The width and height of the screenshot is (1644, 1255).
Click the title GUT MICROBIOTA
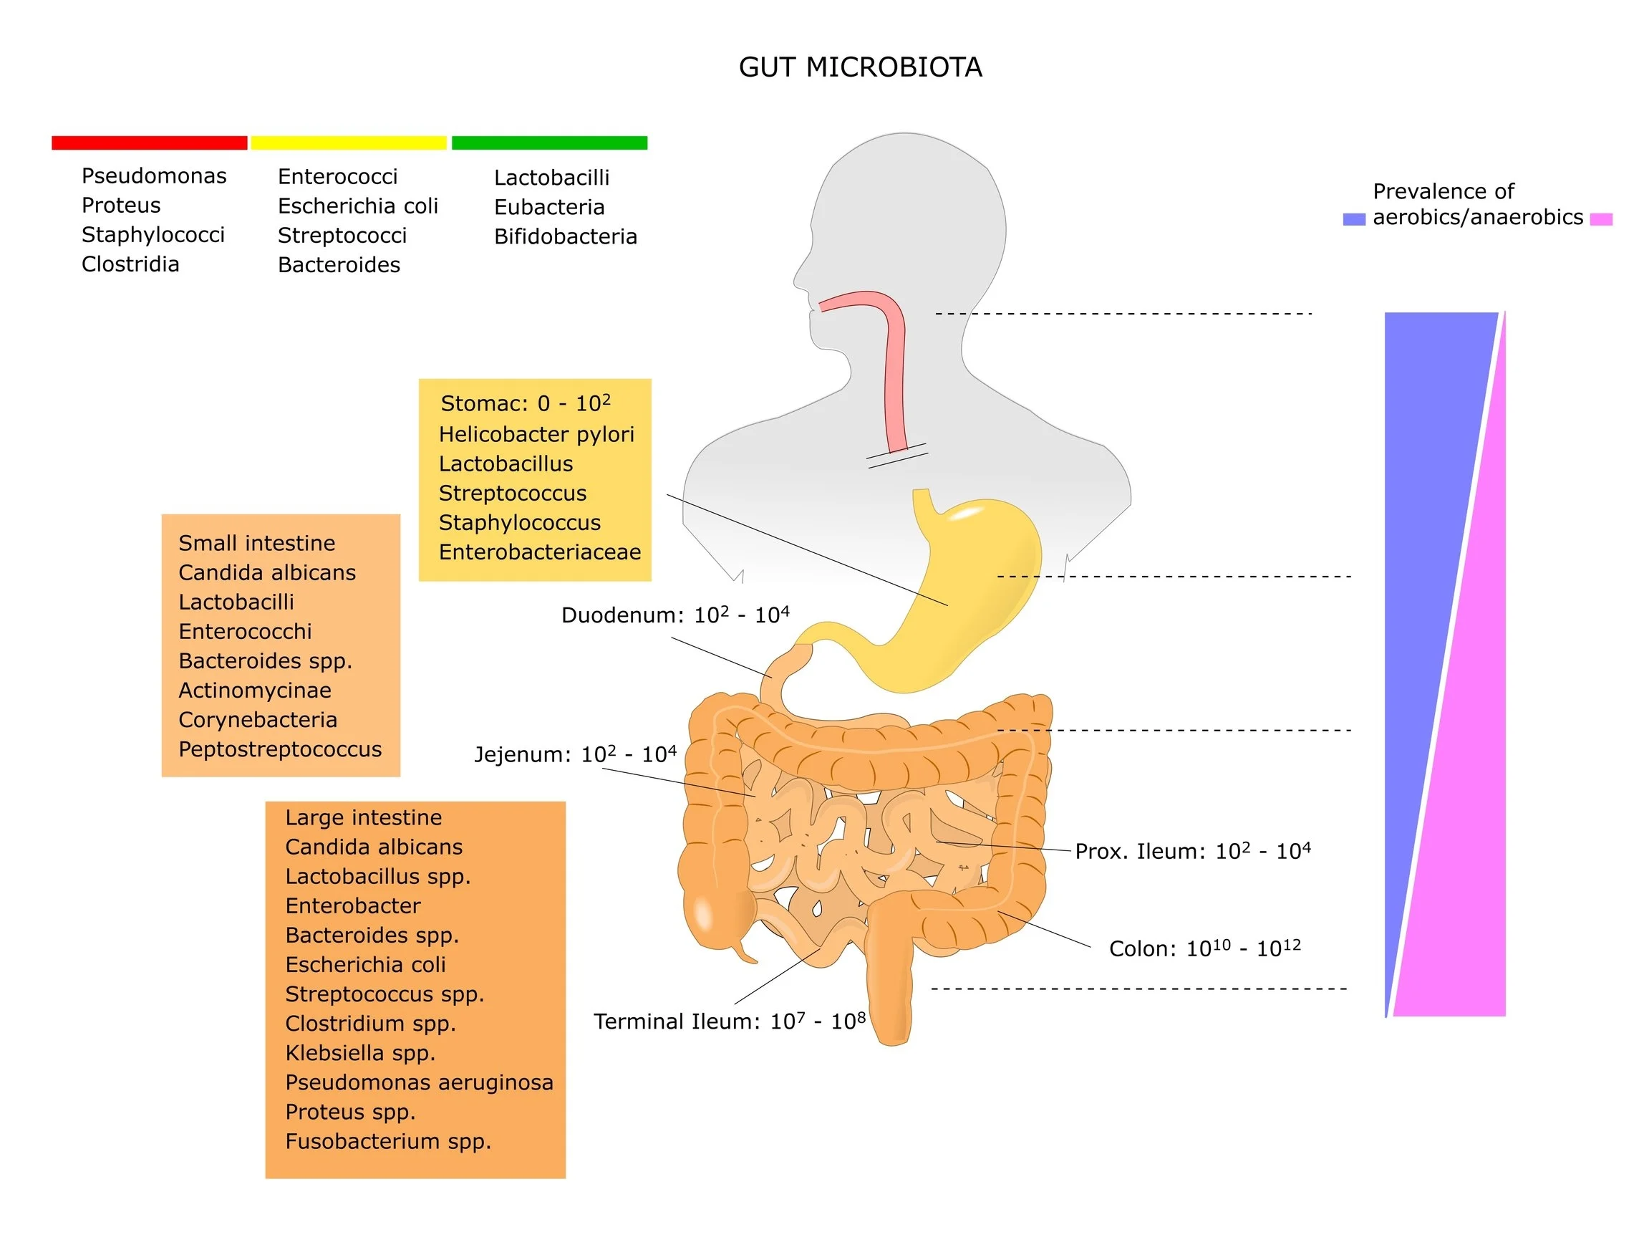click(x=859, y=67)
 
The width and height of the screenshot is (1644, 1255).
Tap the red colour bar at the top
click(x=150, y=143)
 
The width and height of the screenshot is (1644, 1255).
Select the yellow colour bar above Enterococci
click(x=349, y=143)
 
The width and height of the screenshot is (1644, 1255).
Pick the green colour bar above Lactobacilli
click(x=548, y=143)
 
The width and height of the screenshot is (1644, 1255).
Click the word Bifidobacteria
click(x=565, y=237)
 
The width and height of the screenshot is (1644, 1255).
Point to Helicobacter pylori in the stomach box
click(x=536, y=434)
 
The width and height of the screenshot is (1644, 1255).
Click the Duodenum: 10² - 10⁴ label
click(x=674, y=615)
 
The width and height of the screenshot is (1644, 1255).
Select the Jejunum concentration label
click(x=575, y=754)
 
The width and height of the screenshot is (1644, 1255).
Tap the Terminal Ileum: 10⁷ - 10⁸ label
click(x=729, y=1021)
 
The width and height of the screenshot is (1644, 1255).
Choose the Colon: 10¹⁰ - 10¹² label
click(x=1204, y=948)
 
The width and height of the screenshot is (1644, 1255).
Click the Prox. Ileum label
click(x=1191, y=852)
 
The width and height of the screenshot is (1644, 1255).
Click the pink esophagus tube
click(x=894, y=359)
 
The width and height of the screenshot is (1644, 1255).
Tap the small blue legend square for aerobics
click(x=1353, y=220)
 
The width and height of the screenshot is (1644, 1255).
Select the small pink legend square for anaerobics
click(x=1601, y=220)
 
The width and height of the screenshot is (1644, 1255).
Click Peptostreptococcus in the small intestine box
click(x=280, y=749)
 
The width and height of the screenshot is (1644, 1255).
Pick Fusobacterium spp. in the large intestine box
click(x=387, y=1141)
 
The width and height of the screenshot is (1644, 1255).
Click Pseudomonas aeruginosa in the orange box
click(x=419, y=1082)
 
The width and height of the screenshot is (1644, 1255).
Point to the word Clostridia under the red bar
click(x=130, y=264)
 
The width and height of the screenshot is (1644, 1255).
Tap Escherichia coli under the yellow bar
click(x=357, y=206)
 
